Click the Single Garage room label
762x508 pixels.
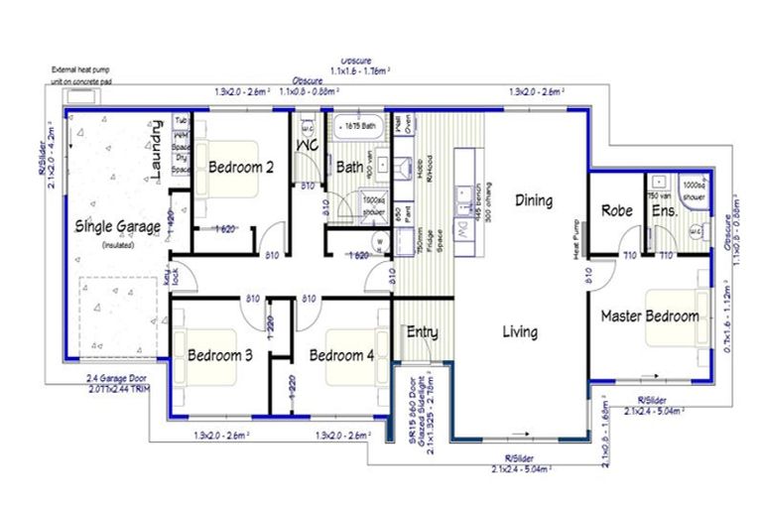coord(118,226)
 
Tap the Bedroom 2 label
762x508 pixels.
coord(241,167)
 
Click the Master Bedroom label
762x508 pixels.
coord(649,317)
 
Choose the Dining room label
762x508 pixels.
coord(534,200)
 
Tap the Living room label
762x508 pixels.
coord(519,331)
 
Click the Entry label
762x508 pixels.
coord(423,331)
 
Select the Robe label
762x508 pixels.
coord(618,209)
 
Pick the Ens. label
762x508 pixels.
coord(663,209)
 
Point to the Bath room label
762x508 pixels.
coord(349,167)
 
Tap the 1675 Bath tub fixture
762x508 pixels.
coord(358,127)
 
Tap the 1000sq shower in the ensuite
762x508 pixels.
coord(694,190)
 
